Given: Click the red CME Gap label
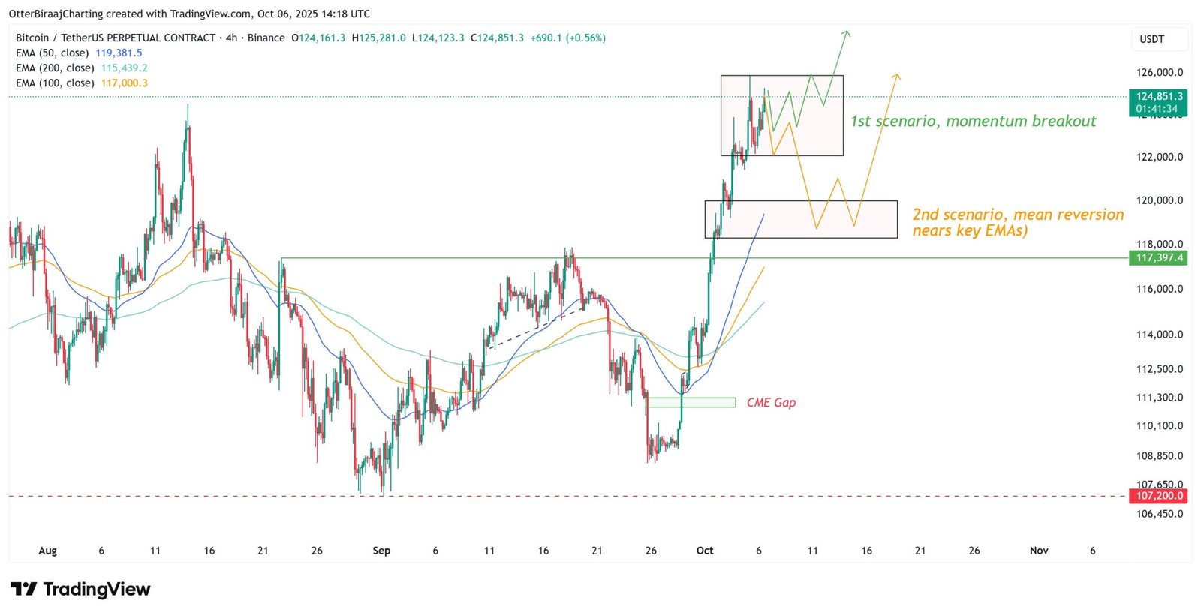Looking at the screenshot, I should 771,403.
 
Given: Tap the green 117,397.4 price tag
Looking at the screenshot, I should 1159,258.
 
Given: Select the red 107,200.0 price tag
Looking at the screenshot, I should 1159,496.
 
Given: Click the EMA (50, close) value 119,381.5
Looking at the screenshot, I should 119,53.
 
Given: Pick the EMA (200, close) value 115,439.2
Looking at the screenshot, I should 124,68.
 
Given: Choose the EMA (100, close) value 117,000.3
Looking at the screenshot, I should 124,83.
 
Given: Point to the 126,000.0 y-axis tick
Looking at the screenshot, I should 1159,73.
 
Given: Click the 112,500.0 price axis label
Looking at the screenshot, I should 1159,369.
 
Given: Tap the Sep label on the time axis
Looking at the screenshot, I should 381,551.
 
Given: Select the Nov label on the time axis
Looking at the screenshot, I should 1039,551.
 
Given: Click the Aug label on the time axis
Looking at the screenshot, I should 47,551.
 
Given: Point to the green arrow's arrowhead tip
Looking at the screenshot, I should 847,32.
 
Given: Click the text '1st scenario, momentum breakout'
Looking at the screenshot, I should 973,122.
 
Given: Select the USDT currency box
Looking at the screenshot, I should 1151,39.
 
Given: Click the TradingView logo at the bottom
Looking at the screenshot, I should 81,590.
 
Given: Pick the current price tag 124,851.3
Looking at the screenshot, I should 1159,97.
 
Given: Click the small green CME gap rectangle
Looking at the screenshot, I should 691,403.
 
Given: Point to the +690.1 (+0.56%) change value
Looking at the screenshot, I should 567,38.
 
